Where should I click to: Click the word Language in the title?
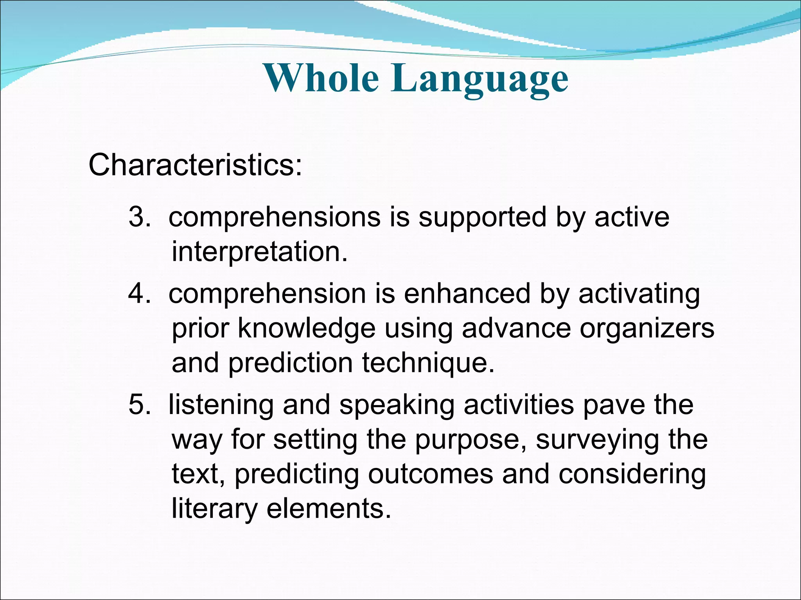[x=480, y=80]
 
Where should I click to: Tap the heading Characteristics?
[x=195, y=165]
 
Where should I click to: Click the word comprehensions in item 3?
[x=274, y=218]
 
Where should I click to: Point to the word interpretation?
[x=259, y=252]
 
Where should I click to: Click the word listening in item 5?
[x=221, y=405]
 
